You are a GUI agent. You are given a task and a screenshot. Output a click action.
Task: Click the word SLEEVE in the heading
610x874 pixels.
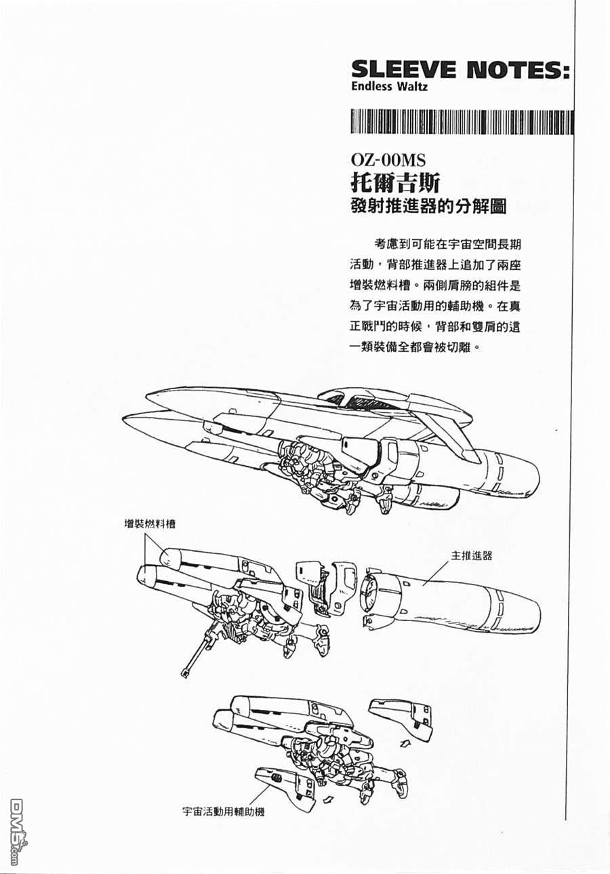pyautogui.click(x=403, y=71)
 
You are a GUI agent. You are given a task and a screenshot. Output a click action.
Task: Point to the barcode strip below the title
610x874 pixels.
pyautogui.click(x=462, y=122)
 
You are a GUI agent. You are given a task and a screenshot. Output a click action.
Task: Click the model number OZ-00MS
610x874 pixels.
pyautogui.click(x=388, y=161)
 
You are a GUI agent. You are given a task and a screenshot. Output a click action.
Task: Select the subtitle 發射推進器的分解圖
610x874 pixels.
pyautogui.click(x=428, y=206)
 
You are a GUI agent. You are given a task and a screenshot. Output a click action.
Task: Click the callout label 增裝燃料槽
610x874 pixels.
pyautogui.click(x=150, y=523)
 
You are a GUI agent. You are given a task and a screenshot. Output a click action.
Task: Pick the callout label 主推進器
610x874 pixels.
pyautogui.click(x=472, y=555)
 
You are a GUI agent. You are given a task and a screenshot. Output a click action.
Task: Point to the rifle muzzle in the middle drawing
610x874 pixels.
pyautogui.click(x=184, y=673)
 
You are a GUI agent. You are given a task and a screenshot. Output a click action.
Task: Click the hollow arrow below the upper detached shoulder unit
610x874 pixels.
pyautogui.click(x=405, y=742)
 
